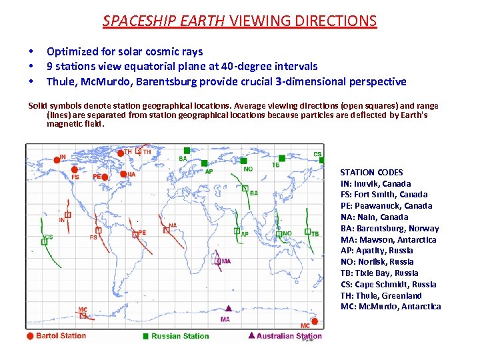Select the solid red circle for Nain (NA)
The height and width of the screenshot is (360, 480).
point(123,176)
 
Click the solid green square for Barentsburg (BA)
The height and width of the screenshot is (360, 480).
point(187,151)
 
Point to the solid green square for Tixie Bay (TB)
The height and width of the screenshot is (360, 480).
point(282,159)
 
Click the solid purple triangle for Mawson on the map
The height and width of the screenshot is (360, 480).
point(228,309)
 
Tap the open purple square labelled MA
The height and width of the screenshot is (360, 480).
point(218,261)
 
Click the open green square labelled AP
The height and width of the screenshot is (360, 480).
point(237,231)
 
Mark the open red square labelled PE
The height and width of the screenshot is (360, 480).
point(134,233)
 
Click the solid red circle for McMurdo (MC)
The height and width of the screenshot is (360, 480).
point(315,321)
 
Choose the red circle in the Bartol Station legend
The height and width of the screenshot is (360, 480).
point(29,336)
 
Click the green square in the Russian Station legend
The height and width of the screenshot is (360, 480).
point(146,336)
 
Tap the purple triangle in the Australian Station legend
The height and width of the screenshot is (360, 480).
point(251,336)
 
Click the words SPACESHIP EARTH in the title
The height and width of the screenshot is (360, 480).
point(164,21)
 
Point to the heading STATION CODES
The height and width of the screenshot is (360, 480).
point(371,173)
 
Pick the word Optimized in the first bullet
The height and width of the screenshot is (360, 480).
point(72,51)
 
